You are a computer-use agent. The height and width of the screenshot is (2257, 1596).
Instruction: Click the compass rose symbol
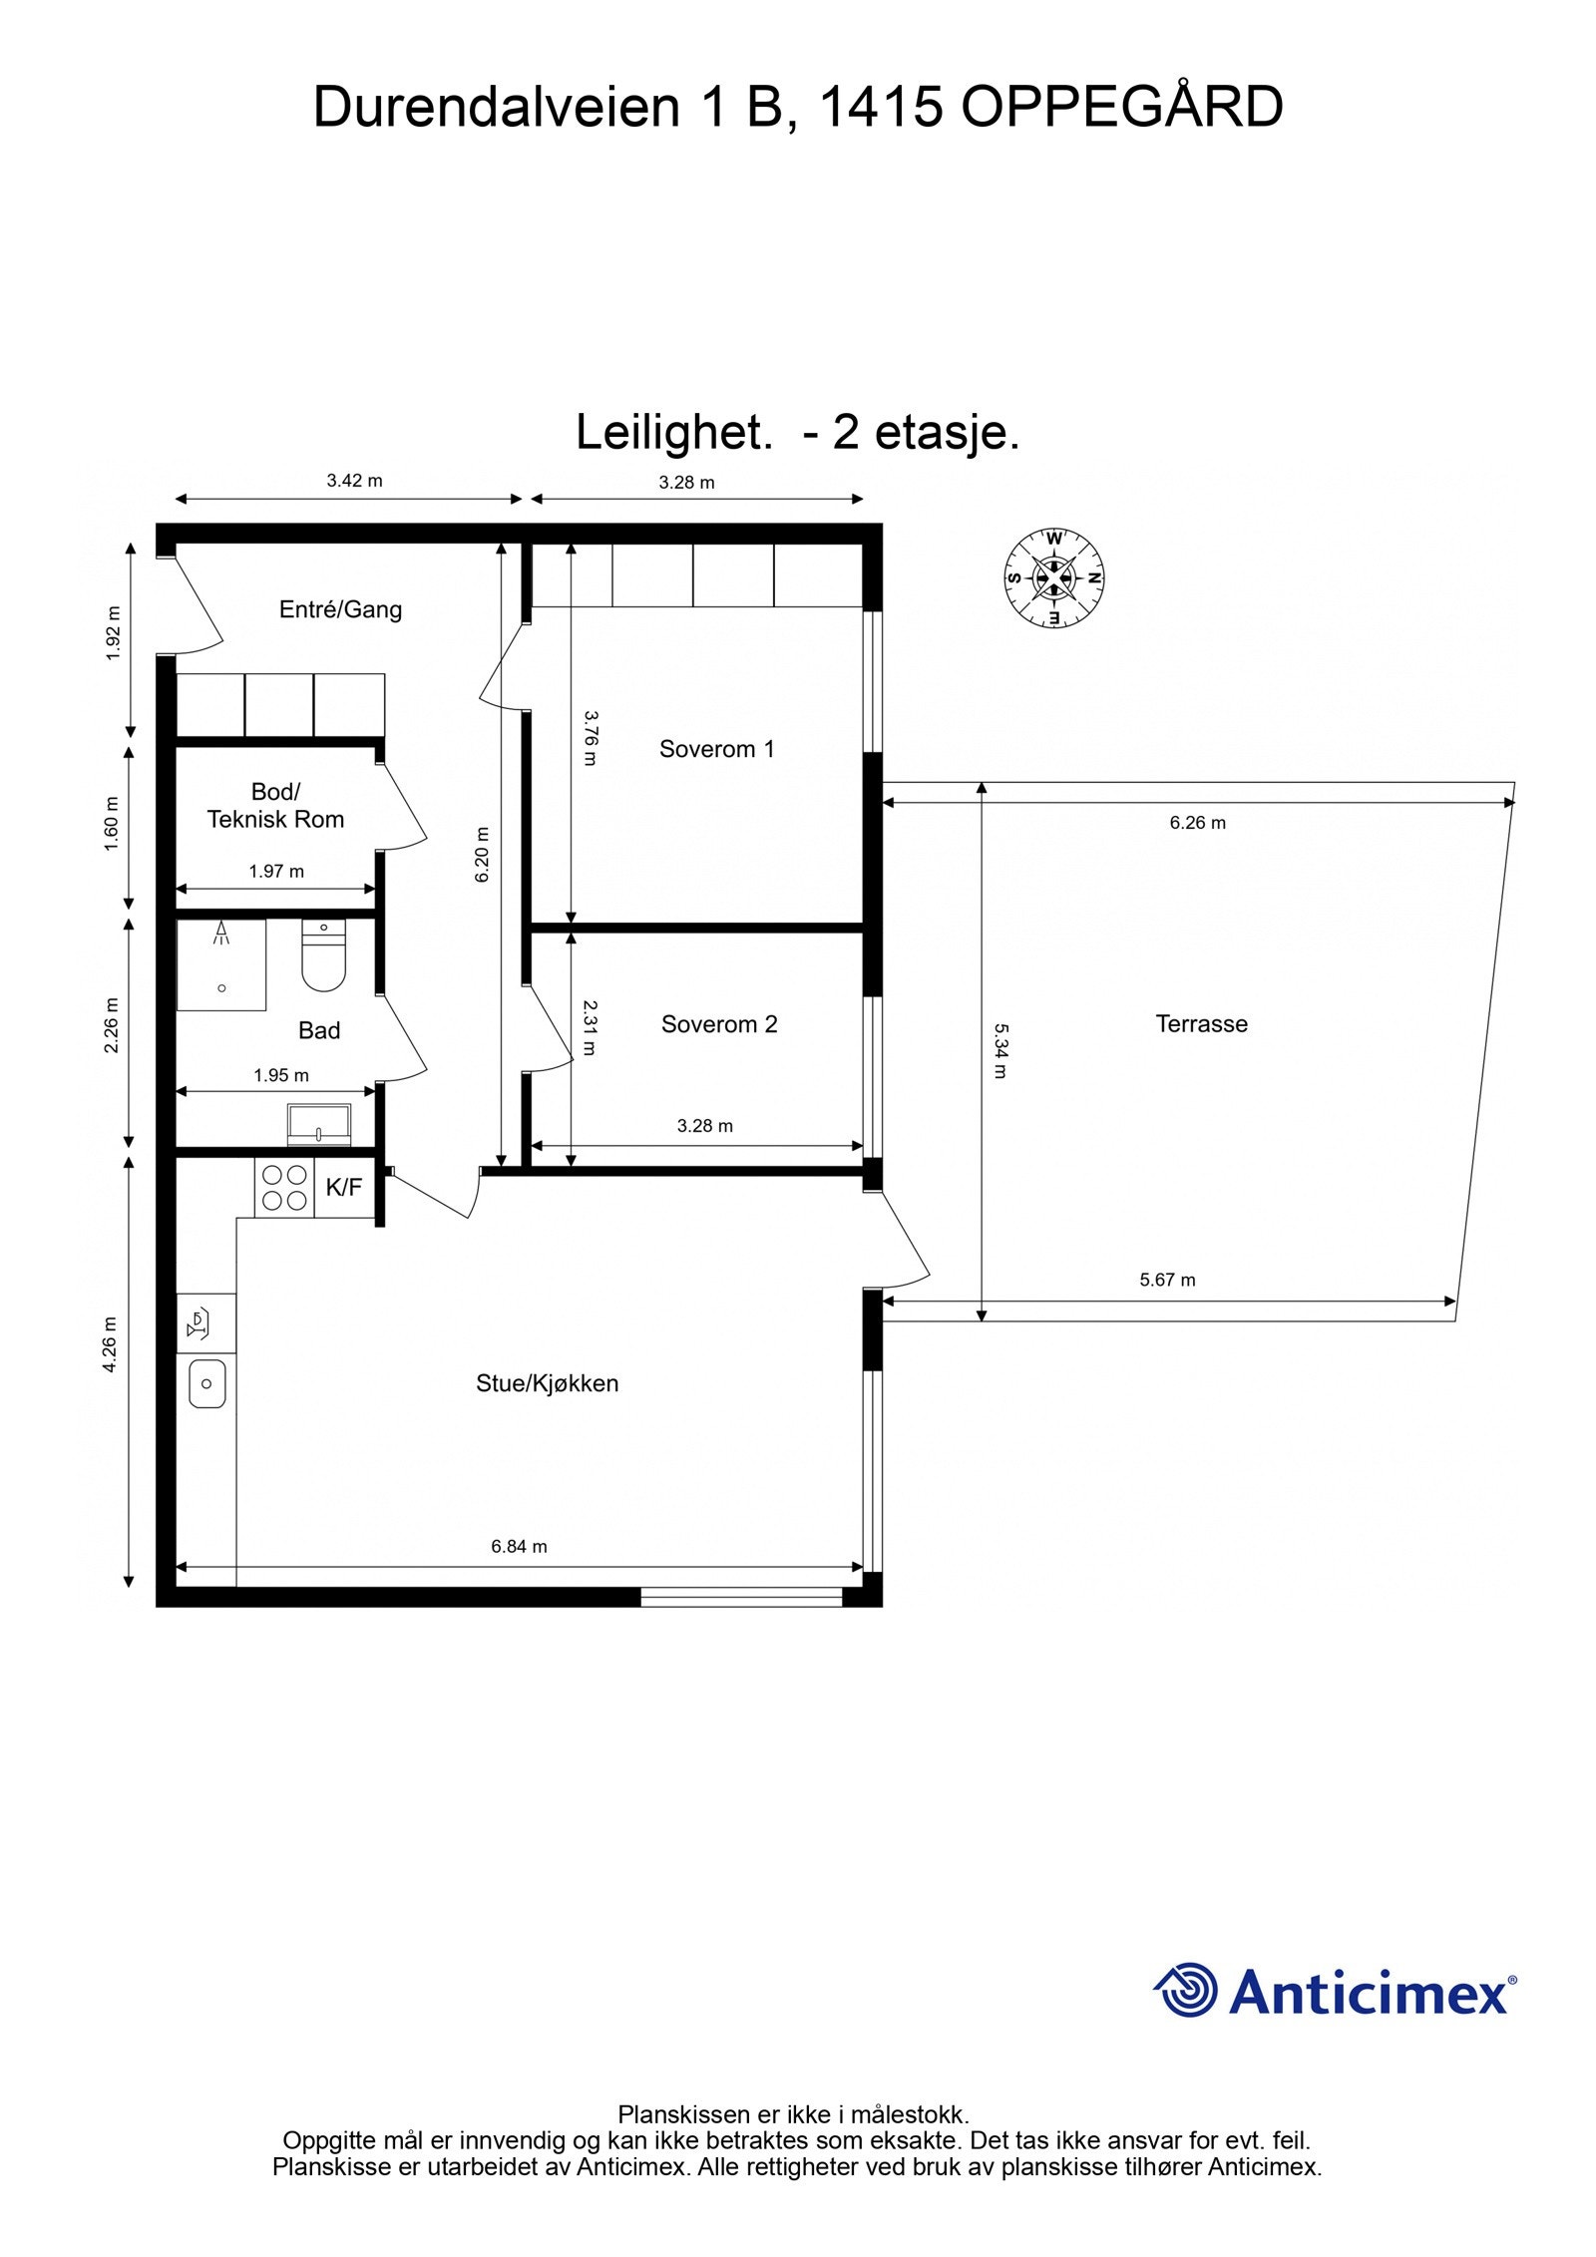1053,577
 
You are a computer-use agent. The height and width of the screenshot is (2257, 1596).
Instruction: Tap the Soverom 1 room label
716,749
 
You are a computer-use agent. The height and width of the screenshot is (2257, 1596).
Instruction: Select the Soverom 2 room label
718,1024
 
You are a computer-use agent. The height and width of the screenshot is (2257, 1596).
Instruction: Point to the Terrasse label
1201,1023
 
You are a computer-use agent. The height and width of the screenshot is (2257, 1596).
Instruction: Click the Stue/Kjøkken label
547,1383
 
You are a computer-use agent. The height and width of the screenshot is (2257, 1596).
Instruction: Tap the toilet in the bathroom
323,958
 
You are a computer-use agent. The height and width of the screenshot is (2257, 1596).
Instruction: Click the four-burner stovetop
284,1188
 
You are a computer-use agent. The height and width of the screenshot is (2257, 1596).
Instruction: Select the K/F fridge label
344,1187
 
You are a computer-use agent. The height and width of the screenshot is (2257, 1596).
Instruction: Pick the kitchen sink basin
206,1383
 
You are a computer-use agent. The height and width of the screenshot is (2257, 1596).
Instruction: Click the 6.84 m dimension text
519,1547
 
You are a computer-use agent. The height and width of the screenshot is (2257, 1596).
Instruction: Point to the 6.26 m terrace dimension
1197,823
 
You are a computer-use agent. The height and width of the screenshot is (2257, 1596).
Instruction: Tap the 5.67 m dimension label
1167,1280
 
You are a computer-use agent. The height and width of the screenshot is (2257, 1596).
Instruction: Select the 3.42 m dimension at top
354,481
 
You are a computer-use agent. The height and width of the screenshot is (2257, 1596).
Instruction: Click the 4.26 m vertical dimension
111,1343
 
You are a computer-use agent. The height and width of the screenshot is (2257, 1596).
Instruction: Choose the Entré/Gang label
340,609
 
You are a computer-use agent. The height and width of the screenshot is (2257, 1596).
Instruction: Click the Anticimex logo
1335,1990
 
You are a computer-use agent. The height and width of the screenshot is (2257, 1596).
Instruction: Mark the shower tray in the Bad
221,965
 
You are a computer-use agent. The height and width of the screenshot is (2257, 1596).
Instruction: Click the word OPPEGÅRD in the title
1121,108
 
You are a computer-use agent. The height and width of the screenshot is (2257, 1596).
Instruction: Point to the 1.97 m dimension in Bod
276,872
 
